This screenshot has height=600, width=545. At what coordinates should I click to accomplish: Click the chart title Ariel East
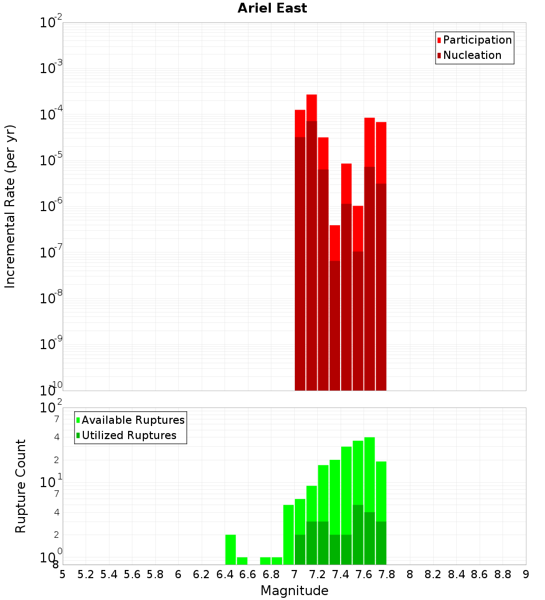[272, 8]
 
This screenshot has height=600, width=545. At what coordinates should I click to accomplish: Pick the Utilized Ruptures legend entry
[129, 435]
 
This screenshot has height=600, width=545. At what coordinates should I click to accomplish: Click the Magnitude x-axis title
[294, 591]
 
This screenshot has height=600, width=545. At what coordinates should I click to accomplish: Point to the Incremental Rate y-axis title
[10, 206]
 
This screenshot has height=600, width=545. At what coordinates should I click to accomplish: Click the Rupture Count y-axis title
[21, 485]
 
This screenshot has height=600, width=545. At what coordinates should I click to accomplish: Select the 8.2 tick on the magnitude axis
[433, 574]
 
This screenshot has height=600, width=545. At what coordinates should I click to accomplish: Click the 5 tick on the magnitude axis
[63, 574]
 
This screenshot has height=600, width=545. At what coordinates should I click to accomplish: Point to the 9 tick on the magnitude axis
[526, 574]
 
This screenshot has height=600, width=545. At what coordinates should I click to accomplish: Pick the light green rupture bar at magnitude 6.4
[231, 549]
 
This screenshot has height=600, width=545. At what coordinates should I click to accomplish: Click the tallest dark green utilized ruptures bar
[358, 535]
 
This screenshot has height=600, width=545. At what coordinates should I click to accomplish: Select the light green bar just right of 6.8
[277, 561]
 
